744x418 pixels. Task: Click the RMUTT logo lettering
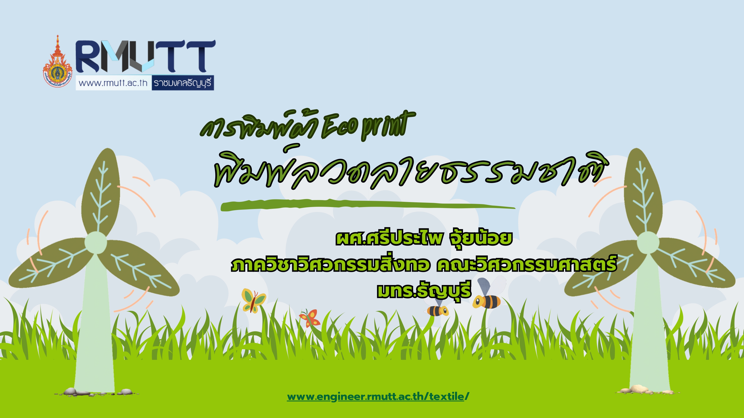pos(146,56)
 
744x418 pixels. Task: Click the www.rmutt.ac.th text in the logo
pos(113,83)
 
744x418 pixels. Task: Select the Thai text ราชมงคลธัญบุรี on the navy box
pos(183,83)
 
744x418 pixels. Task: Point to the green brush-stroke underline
pos(368,205)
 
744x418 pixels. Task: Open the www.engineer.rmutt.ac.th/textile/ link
pos(378,397)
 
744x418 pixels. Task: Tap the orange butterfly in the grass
pos(310,318)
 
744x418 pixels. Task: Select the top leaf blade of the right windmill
pos(643,192)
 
